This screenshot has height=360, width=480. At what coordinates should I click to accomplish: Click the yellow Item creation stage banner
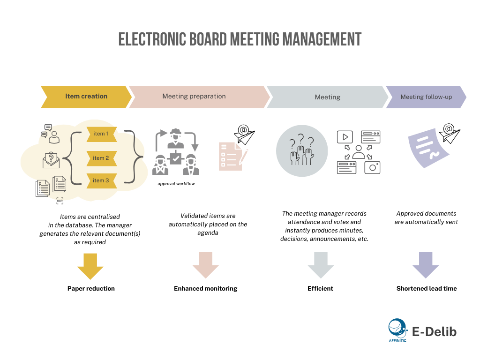coord(86,97)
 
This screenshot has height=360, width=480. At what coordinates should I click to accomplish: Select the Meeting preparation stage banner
coord(194,97)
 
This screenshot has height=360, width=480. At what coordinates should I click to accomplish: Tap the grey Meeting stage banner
coord(327,97)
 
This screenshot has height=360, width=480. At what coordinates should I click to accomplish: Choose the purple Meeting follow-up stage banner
coord(426,97)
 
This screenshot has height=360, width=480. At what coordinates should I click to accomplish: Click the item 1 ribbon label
coord(101,134)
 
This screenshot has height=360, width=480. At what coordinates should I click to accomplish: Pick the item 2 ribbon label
coord(101,158)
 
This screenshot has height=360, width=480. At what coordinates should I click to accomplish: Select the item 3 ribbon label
coord(101,180)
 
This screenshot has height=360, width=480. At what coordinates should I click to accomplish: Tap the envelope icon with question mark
coord(51,160)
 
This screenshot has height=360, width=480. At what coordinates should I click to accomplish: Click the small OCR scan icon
coord(60,201)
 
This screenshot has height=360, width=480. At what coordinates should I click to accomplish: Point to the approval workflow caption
coord(176,184)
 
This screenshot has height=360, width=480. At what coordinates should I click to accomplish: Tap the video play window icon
coord(345,137)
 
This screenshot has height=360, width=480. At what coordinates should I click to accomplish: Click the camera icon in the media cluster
coord(372,167)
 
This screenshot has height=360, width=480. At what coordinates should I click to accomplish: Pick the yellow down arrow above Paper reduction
coord(90,266)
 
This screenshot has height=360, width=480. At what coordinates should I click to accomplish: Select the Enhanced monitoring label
coord(205,289)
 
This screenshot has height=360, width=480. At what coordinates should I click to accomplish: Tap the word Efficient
coord(320,289)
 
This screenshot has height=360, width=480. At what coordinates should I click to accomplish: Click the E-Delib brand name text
coord(434,332)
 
